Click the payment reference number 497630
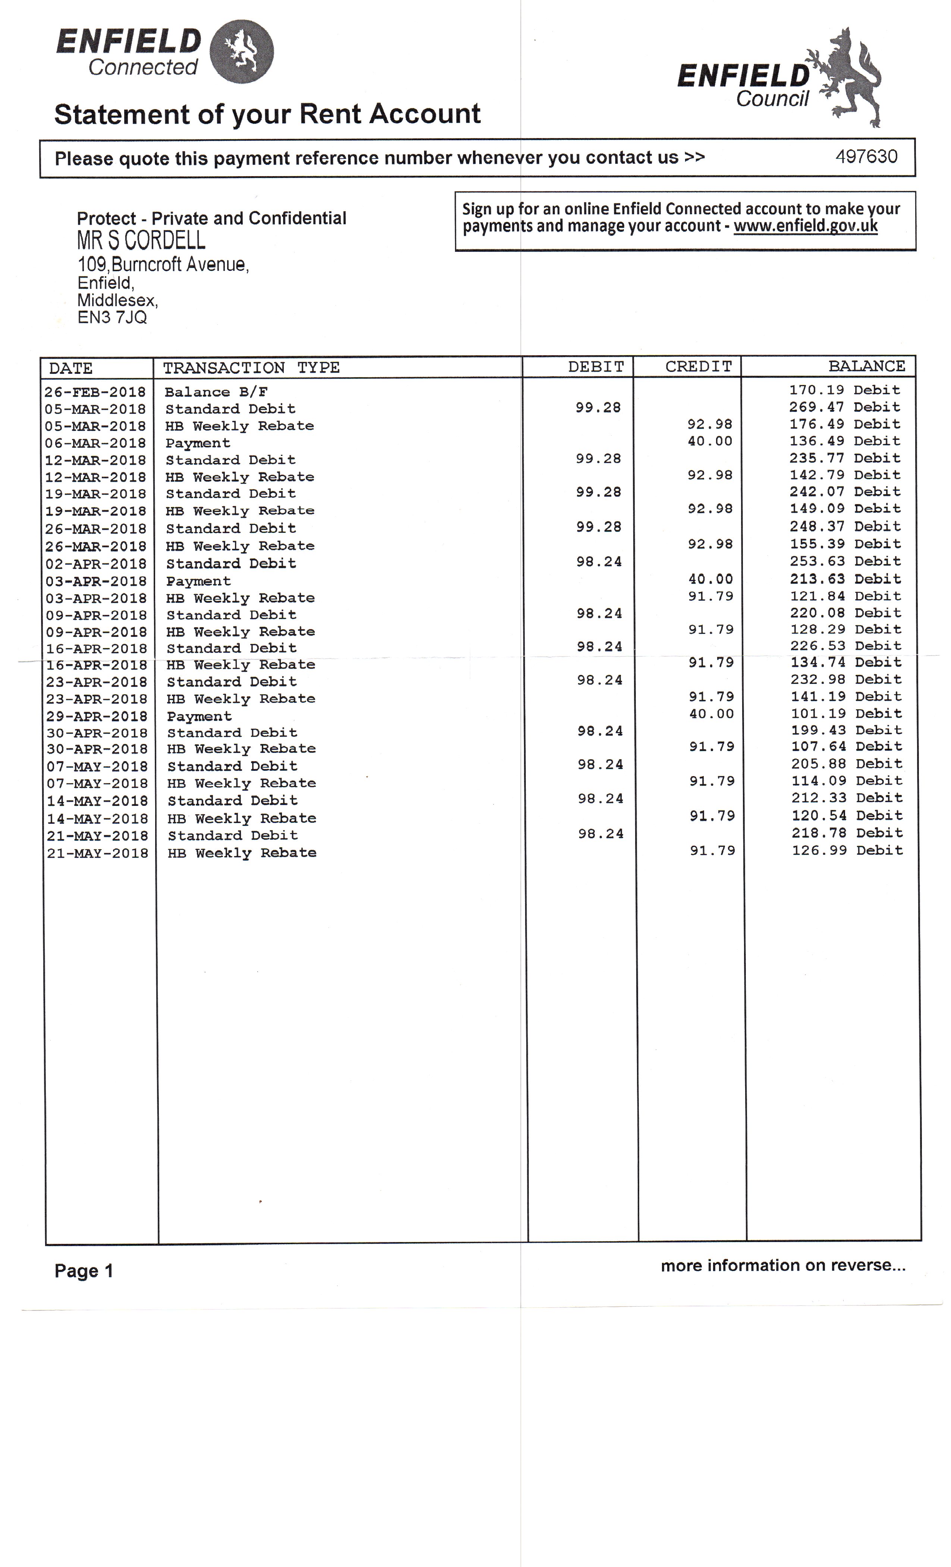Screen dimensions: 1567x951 [x=866, y=156]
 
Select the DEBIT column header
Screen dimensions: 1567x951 [x=596, y=367]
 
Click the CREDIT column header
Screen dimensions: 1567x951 [x=698, y=367]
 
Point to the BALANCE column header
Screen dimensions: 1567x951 [x=866, y=366]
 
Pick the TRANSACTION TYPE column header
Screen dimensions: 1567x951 [x=251, y=367]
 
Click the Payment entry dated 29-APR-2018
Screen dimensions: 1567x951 [x=199, y=716]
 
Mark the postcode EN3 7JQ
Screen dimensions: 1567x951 [x=112, y=318]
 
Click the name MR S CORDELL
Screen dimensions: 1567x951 [x=141, y=240]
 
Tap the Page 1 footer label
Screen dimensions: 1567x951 [x=83, y=1271]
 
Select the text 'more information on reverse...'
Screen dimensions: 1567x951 [x=782, y=1266]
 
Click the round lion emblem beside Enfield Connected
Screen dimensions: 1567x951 [x=242, y=51]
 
